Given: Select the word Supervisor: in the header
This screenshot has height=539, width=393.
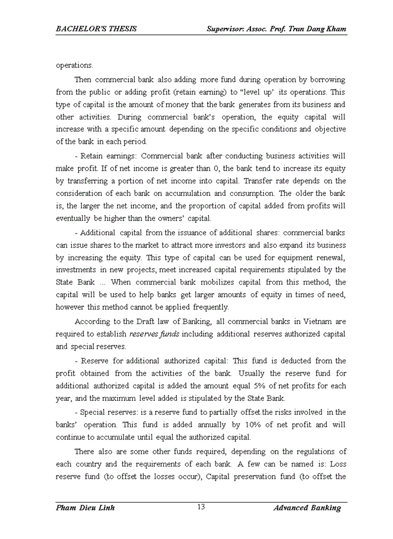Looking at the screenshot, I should (x=225, y=29).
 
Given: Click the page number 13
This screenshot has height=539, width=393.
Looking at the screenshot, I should (x=201, y=508).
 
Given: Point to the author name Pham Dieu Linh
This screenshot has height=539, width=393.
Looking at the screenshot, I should (x=85, y=508).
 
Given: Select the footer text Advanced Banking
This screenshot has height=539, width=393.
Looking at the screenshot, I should (x=307, y=508).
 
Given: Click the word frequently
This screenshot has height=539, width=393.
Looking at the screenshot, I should (x=211, y=307).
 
